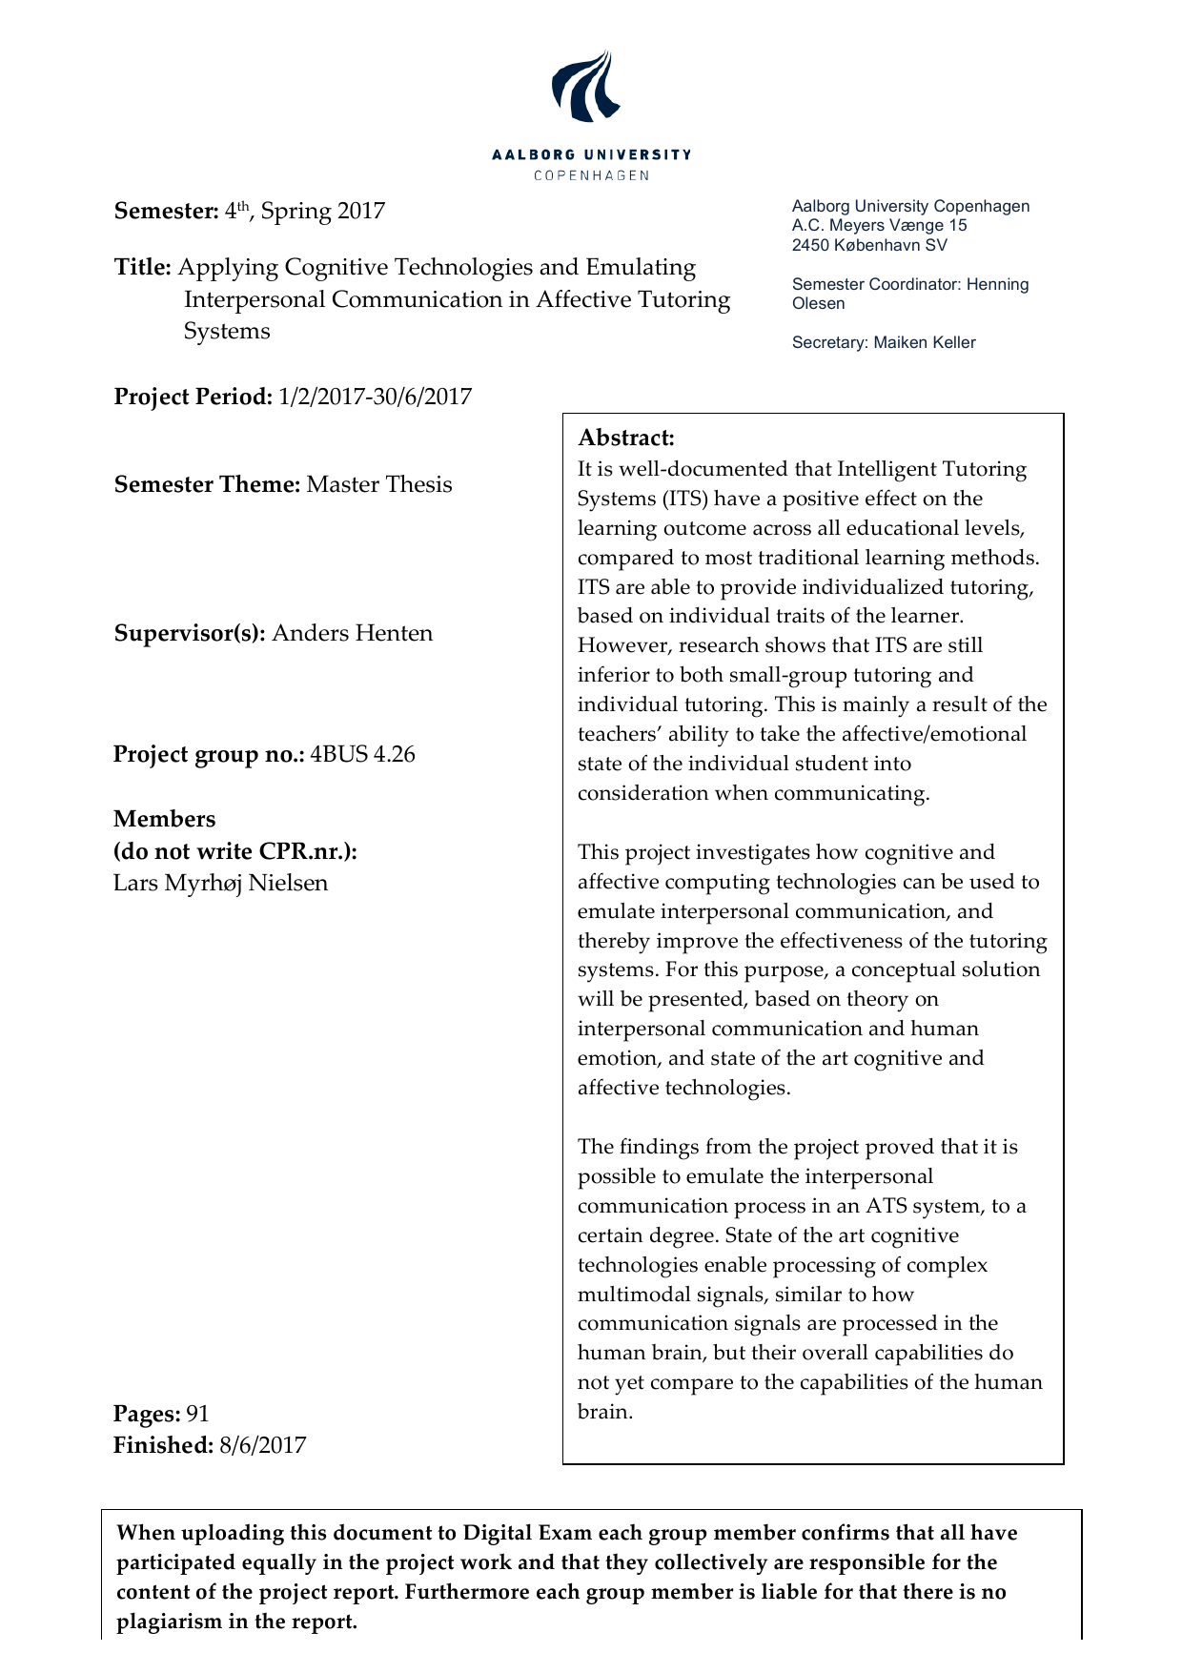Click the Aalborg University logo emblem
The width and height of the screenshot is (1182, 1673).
(585, 87)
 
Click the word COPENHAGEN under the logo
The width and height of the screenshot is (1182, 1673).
(591, 175)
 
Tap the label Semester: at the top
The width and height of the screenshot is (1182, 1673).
(167, 211)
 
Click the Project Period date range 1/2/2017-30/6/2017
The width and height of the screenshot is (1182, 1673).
(375, 397)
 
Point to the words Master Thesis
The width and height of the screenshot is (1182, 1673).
(379, 484)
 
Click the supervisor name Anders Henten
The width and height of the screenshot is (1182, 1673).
(352, 633)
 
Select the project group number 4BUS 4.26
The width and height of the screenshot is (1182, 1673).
(362, 754)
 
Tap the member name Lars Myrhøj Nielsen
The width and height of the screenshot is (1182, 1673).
(220, 883)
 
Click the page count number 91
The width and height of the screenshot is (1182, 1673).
(197, 1414)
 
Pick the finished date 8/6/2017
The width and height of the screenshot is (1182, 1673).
(262, 1445)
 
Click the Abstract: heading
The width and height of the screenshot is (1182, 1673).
(626, 438)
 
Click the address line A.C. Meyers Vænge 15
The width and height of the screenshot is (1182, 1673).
(879, 225)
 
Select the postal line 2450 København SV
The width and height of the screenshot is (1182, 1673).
(869, 245)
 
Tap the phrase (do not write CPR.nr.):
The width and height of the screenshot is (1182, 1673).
(234, 851)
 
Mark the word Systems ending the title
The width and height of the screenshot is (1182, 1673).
(227, 331)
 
